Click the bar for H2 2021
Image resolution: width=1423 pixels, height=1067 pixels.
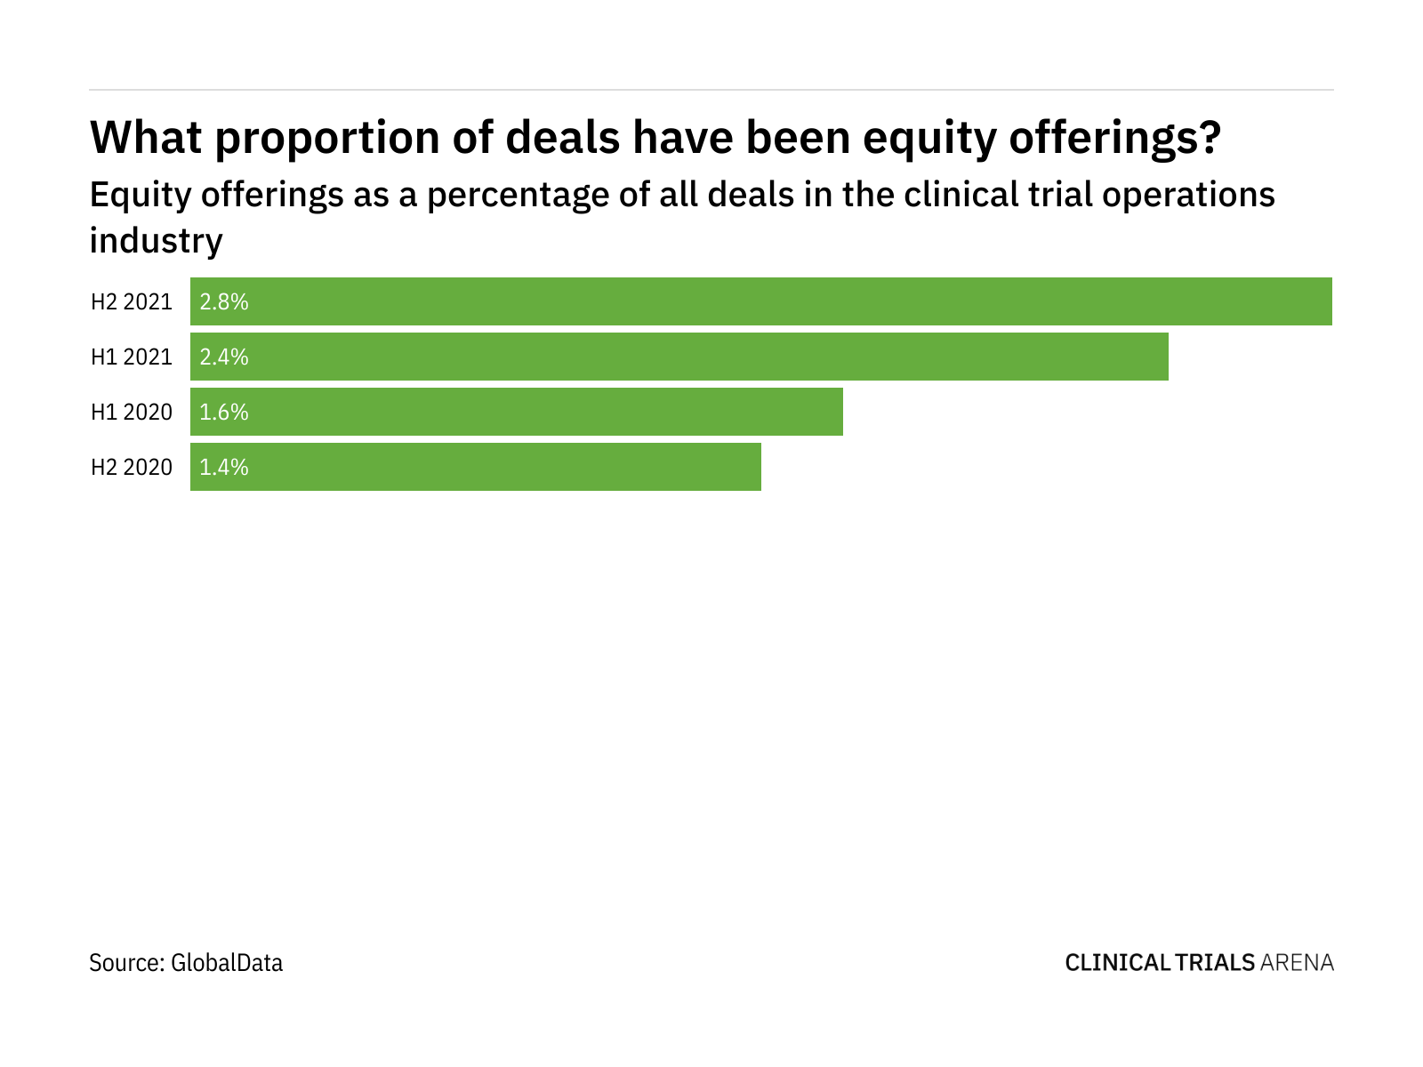[x=760, y=301]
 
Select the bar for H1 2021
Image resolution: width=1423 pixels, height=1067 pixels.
[x=679, y=357]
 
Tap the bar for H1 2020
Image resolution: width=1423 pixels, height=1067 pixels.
[x=516, y=412]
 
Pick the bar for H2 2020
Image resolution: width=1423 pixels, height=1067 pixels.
[x=475, y=467]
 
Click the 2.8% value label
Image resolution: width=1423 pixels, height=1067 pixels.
[x=224, y=301]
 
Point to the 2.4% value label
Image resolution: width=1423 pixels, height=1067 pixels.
[x=224, y=357]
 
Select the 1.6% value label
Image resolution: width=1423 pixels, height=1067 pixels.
[x=224, y=412]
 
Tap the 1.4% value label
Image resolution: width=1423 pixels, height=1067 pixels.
[x=224, y=467]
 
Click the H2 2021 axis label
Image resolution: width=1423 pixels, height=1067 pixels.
[x=132, y=301]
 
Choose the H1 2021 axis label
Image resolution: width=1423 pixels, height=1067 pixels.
[x=132, y=357]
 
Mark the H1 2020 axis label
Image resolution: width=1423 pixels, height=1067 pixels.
[x=132, y=412]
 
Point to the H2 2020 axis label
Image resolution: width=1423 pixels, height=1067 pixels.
[x=132, y=467]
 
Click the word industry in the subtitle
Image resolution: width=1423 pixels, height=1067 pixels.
[x=156, y=240]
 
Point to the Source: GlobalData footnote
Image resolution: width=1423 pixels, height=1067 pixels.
[x=186, y=962]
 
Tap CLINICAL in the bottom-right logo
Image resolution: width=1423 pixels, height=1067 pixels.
[x=1116, y=962]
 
